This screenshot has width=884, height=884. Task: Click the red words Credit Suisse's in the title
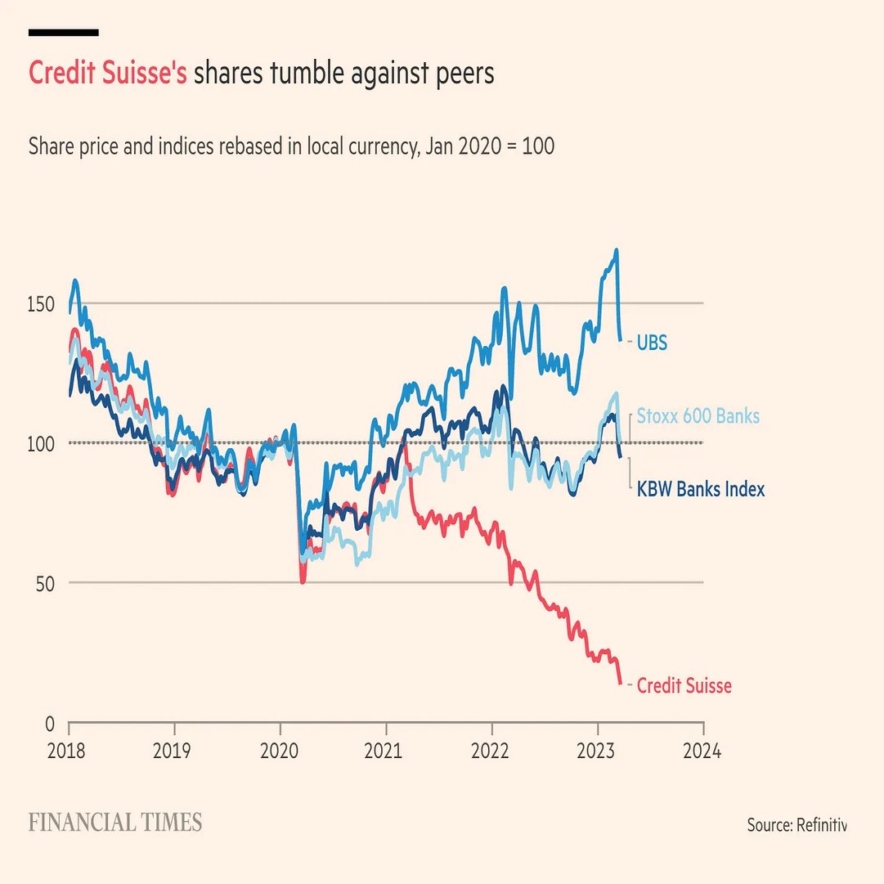coord(108,74)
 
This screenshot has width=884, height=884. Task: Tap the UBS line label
coord(652,343)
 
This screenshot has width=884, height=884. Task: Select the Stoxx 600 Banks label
coord(698,416)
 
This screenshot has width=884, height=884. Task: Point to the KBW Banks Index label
coord(701,490)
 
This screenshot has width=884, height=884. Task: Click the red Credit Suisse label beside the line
coord(684,686)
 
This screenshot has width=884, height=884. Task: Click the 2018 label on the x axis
coord(69,750)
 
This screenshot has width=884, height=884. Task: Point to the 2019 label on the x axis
coord(174,750)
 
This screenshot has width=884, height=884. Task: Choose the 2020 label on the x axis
coord(280,750)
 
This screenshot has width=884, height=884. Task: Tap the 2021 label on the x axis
coord(386,750)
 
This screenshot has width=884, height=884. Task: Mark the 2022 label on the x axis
coord(492,750)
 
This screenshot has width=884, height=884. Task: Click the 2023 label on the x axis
coord(598,750)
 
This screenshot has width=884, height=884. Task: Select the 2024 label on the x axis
coord(703,750)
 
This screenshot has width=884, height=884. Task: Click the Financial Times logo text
coord(115,823)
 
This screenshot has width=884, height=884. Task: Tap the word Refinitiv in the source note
coord(820,824)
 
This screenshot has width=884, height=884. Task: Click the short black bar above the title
coord(64,33)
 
